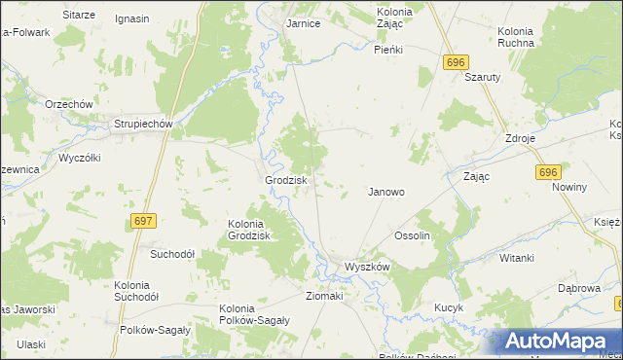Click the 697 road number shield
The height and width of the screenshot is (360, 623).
point(143,222)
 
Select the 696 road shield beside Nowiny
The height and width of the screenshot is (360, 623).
point(548,171)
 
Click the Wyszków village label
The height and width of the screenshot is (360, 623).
point(367,267)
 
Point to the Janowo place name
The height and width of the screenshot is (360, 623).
point(385,192)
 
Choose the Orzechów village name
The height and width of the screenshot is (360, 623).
point(68,104)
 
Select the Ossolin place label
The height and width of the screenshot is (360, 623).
point(412,236)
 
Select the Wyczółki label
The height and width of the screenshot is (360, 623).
point(80,157)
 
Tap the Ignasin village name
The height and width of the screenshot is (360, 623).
point(131,18)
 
